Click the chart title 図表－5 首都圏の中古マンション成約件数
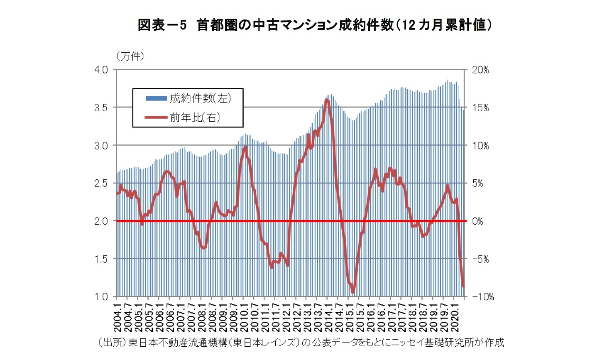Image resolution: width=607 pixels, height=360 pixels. coord(315,25)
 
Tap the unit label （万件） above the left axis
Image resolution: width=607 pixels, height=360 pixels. coord(130,56)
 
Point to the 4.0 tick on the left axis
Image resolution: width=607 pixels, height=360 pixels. coord(101,70)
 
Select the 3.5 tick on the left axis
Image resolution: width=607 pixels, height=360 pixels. coord(101,108)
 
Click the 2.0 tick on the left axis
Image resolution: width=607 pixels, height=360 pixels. coord(101,221)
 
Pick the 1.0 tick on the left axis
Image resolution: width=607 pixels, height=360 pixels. coord(101,296)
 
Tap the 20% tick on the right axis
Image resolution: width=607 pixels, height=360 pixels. coord(480,70)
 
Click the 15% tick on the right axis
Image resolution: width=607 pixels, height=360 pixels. coord(480,108)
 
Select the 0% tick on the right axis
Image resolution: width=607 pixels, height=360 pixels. coord(477,221)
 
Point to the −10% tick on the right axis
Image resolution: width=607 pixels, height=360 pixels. coord(483,296)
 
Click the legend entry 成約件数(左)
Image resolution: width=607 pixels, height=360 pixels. coord(200,98)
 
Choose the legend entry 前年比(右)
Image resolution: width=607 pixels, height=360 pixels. coord(195,118)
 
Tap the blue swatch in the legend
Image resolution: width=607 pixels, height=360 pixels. coord(156,98)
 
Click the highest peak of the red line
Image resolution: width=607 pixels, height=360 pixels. coord(327,100)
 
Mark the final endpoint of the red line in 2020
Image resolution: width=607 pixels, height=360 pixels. coord(464,287)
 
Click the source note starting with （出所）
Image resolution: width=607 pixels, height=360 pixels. coord(301,343)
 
